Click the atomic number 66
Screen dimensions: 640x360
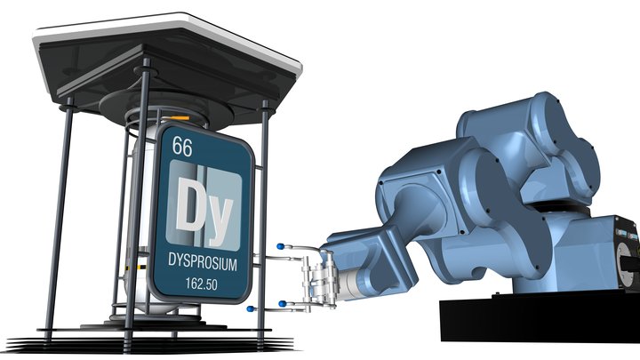(x=181, y=146)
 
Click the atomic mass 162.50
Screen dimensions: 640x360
(x=202, y=284)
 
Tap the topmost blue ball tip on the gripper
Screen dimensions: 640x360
(x=280, y=246)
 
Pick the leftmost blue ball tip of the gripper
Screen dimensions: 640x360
(x=250, y=308)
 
